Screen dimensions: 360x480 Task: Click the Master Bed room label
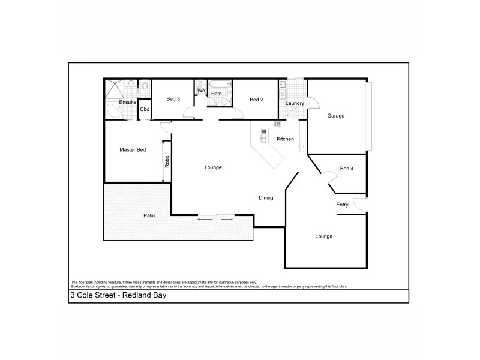(133, 149)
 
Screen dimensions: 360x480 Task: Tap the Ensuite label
(127, 103)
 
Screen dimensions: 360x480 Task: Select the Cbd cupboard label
(145, 109)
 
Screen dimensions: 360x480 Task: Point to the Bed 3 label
(173, 99)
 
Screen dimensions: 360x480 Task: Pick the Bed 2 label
(256, 100)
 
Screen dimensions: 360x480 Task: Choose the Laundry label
(295, 103)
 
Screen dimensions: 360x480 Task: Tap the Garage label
(335, 115)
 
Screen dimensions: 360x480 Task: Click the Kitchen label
(285, 139)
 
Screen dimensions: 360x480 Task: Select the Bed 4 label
(347, 169)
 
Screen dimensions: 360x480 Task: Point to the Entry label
(342, 205)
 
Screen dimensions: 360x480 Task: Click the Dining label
(266, 197)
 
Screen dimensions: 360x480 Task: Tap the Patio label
(149, 215)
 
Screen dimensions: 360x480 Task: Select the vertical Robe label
(167, 162)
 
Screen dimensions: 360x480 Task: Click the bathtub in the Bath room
(218, 85)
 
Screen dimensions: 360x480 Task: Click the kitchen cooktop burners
(277, 124)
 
